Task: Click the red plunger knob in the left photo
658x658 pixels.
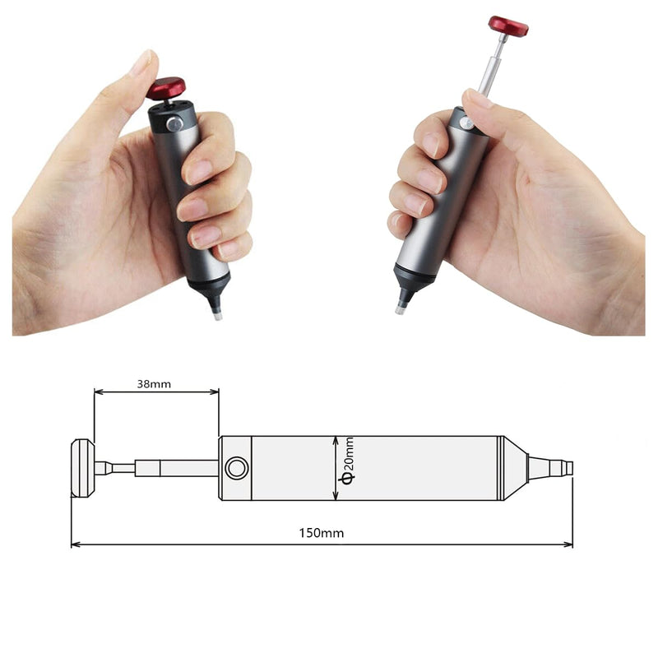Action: point(166,86)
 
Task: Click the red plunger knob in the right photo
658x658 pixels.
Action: point(507,25)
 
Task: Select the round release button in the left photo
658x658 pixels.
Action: point(174,123)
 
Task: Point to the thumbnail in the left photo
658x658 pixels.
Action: point(141,62)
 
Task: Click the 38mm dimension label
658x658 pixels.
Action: point(155,383)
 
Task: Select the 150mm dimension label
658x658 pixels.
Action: point(321,533)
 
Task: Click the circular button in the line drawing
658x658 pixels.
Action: point(236,469)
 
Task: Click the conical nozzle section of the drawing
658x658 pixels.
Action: point(515,468)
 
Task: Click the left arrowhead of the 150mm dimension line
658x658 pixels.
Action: point(74,544)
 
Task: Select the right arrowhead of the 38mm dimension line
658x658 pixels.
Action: point(215,392)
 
